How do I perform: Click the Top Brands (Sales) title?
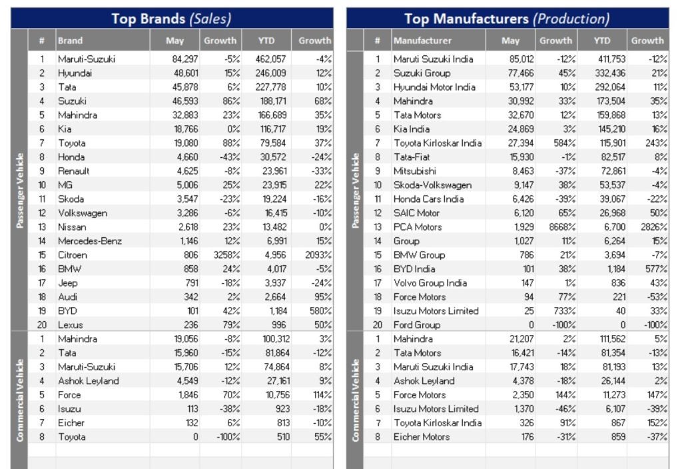[x=171, y=19]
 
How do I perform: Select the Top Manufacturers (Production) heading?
[x=506, y=19]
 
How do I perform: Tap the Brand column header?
[x=71, y=41]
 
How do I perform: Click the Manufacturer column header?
[x=422, y=41]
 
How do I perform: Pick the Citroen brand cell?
[x=72, y=255]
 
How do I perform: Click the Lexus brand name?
[x=71, y=325]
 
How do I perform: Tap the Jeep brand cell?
[x=68, y=283]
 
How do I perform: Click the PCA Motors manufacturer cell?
[x=418, y=227]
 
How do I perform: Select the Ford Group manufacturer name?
[x=416, y=325]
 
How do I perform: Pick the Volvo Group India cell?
[x=430, y=283]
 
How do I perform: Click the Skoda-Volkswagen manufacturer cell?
[x=432, y=185]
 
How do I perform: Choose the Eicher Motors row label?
[x=421, y=437]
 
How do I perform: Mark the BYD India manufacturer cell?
[x=414, y=269]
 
